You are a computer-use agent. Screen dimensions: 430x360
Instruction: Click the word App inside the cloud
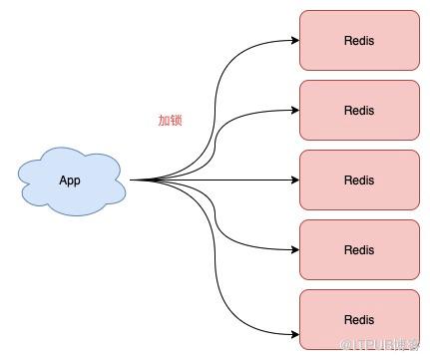(x=70, y=180)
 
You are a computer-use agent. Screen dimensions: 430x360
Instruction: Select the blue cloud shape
(x=72, y=181)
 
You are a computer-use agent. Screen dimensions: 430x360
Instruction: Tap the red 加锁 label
(x=170, y=121)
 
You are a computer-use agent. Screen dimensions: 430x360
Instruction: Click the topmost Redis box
(x=359, y=40)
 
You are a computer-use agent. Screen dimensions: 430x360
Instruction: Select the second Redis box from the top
(x=359, y=110)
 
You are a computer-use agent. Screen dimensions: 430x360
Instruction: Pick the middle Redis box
(x=359, y=180)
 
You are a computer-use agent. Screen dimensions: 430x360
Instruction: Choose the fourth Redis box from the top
(x=359, y=249)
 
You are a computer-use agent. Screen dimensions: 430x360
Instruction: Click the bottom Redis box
(x=359, y=319)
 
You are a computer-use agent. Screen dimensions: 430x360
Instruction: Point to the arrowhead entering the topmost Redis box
(x=295, y=40)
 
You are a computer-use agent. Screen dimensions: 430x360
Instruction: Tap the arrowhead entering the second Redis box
(x=295, y=110)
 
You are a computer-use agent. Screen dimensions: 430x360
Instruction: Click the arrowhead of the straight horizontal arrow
(x=295, y=180)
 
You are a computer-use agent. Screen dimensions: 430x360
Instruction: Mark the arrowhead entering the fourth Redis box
(x=295, y=249)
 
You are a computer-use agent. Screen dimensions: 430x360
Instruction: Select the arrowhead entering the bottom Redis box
(x=295, y=334)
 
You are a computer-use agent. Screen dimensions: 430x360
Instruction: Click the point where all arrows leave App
(x=130, y=180)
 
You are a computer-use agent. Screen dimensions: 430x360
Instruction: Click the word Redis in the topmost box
(x=359, y=41)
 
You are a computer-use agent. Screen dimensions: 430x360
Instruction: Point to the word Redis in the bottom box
(x=359, y=320)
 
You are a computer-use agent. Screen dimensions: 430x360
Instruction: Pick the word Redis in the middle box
(x=359, y=180)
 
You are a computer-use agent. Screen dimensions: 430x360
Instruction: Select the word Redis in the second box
(x=359, y=111)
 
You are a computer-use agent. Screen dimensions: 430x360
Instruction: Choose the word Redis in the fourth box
(x=359, y=250)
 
